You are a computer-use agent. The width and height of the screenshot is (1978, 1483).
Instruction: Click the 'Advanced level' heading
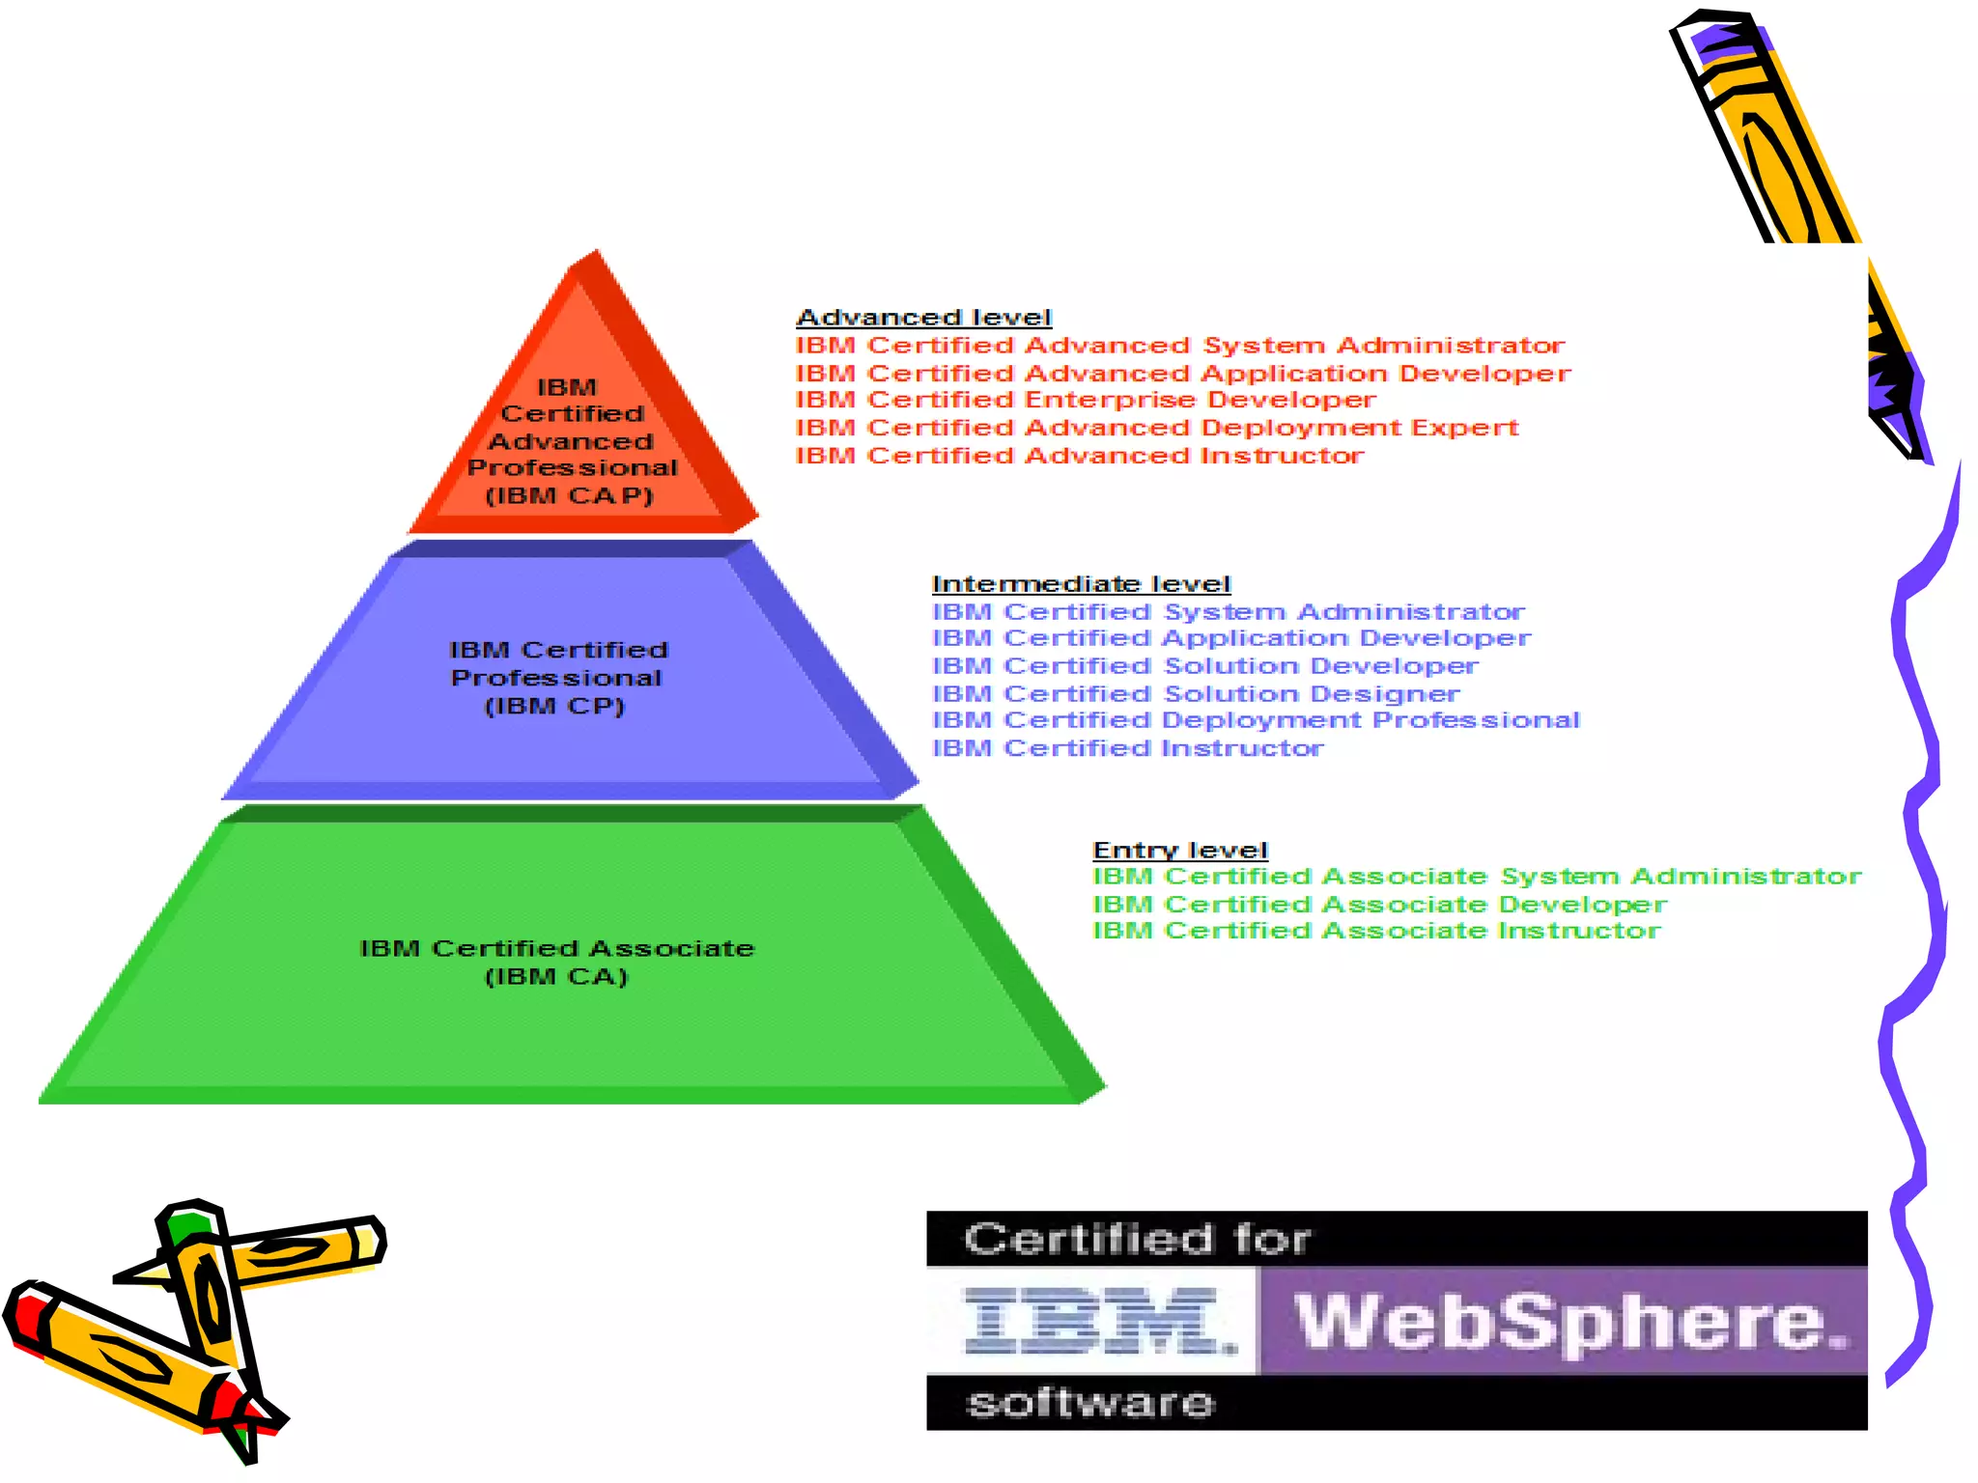click(923, 318)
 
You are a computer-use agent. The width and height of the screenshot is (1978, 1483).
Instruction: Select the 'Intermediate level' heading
click(1081, 584)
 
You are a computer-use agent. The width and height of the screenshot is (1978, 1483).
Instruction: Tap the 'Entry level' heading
click(1179, 851)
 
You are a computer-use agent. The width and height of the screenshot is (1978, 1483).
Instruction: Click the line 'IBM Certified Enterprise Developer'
click(1085, 400)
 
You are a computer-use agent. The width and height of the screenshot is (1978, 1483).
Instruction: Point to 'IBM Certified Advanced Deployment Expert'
click(1156, 428)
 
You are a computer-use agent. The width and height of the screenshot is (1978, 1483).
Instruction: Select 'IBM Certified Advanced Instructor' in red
click(1079, 456)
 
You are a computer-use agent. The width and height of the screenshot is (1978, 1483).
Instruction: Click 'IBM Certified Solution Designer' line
click(1196, 694)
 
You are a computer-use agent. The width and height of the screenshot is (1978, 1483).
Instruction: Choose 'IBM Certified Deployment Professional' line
click(1256, 720)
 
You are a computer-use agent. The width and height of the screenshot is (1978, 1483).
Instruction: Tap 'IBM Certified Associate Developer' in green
click(1379, 905)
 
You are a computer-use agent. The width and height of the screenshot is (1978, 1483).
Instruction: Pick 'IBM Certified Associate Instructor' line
click(1376, 931)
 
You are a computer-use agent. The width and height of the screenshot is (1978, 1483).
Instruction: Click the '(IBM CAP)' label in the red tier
click(569, 496)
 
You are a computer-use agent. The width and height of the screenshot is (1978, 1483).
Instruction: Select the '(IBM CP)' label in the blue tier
click(554, 707)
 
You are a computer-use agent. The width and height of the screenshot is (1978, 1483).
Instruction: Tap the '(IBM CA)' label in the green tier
click(556, 977)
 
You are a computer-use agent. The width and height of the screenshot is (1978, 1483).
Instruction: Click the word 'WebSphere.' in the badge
click(1569, 1321)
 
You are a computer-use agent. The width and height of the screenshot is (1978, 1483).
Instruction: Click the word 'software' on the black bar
click(1090, 1403)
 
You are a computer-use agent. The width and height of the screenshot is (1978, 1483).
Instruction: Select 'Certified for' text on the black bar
click(1137, 1239)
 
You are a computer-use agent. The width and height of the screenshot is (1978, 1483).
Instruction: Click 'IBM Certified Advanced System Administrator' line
click(1179, 346)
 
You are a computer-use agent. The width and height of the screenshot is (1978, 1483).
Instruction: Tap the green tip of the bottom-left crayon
click(186, 1226)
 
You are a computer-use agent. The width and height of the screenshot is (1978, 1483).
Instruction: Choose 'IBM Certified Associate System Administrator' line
click(1477, 877)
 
